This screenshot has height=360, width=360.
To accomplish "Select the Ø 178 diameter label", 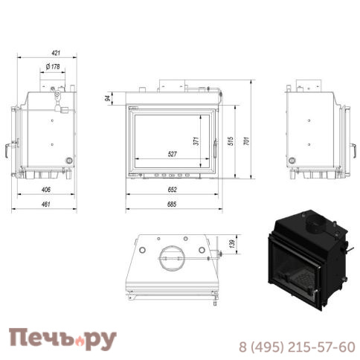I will (x=53, y=67).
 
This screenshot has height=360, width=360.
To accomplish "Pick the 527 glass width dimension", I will (x=172, y=154).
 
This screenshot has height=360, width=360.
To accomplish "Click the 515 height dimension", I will (x=231, y=140).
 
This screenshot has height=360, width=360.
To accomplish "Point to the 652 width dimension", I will (x=172, y=189).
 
